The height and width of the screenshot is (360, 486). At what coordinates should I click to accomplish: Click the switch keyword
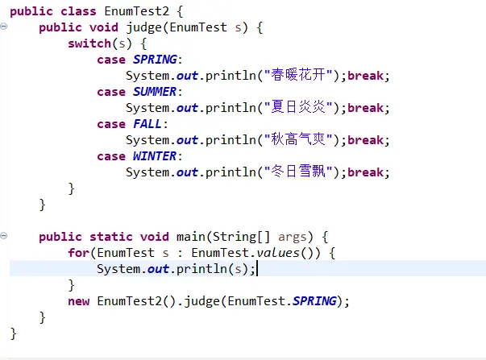89,44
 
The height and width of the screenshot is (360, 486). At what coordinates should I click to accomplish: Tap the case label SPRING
155,60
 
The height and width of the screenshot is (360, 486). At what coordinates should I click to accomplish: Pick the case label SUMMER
155,92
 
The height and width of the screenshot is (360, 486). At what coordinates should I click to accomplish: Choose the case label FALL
147,124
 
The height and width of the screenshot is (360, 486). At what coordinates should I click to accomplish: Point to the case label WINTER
155,156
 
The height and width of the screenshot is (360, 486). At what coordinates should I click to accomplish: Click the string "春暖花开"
301,77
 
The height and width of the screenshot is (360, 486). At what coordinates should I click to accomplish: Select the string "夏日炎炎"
301,108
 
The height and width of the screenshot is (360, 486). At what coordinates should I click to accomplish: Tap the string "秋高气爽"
301,140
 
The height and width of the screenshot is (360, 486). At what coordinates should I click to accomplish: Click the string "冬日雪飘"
301,172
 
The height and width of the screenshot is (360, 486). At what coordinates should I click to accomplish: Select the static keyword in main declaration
106,237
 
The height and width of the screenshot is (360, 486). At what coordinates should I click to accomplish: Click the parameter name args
293,237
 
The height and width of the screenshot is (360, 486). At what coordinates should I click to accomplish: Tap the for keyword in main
78,253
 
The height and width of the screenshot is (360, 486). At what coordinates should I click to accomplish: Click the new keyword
78,301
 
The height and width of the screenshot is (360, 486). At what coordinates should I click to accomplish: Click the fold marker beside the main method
5,236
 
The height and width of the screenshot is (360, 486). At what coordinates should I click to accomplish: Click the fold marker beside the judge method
5,27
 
